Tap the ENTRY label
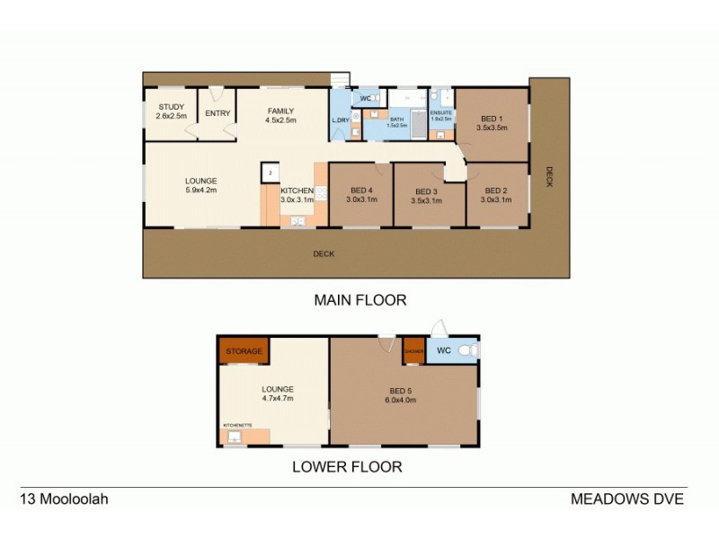coord(217,113)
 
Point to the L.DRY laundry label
coord(341,119)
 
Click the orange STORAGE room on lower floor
coord(244,350)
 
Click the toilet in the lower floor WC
coord(466,350)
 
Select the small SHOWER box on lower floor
coord(413,350)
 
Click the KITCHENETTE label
coord(237,425)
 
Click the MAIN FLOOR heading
coord(359,300)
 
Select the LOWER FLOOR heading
coord(346,466)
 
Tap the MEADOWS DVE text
coord(627,499)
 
